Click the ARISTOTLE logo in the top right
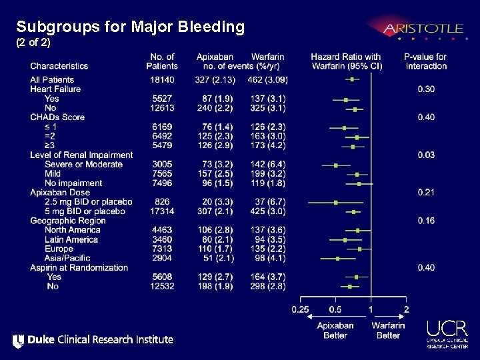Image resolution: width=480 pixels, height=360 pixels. tap(423, 29)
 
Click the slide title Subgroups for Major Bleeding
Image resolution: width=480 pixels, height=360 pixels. tap(131, 27)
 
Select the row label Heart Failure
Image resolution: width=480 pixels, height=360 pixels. tap(55, 89)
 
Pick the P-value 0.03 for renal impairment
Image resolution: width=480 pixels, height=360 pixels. tap(426, 155)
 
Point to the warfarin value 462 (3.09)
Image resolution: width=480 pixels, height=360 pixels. tap(267, 80)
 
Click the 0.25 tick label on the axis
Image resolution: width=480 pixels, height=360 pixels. tap(300, 309)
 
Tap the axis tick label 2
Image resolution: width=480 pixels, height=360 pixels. tap(407, 309)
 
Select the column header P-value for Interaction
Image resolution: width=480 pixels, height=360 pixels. tap(425, 61)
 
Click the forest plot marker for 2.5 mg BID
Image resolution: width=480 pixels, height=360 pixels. tap(336, 202)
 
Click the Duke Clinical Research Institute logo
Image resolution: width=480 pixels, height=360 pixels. tap(93, 340)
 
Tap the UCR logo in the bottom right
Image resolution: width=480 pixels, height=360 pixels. tap(447, 333)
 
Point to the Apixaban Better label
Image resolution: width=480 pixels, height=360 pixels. tap(335, 330)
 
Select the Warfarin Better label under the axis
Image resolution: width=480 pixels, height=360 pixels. tap(389, 330)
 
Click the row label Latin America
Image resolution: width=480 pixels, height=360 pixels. tap(71, 239)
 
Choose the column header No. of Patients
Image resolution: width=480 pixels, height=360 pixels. tap(162, 61)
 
